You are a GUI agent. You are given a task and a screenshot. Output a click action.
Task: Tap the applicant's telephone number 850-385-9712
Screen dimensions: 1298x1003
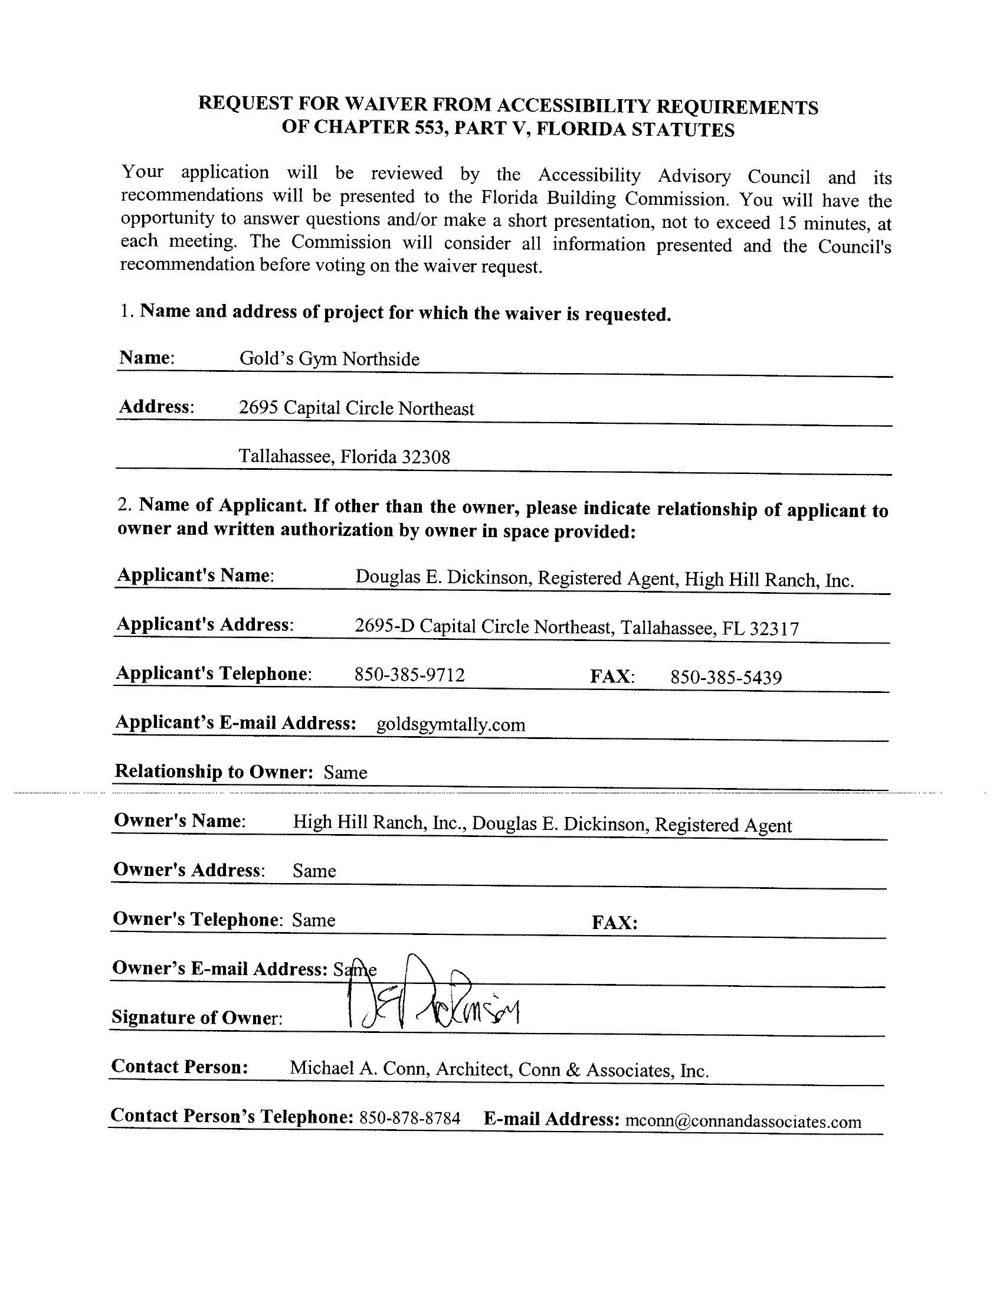pyautogui.click(x=409, y=675)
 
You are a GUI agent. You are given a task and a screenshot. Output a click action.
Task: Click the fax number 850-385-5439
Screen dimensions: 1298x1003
pyautogui.click(x=726, y=678)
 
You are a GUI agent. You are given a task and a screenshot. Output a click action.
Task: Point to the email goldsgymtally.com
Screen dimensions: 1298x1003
pyautogui.click(x=450, y=725)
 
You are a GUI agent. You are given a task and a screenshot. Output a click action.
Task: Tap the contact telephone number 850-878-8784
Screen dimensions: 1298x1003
pyautogui.click(x=409, y=1119)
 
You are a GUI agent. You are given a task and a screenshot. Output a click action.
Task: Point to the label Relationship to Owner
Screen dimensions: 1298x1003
pyautogui.click(x=214, y=771)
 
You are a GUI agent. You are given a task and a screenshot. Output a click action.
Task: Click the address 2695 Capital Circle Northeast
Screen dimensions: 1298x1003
pyautogui.click(x=356, y=408)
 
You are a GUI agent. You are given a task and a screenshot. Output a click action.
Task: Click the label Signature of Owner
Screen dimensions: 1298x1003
pyautogui.click(x=196, y=1018)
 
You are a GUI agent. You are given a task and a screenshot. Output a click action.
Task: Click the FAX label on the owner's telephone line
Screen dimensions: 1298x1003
pyautogui.click(x=614, y=923)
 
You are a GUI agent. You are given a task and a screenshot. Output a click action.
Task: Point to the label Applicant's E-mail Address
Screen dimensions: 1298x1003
pyautogui.click(x=235, y=722)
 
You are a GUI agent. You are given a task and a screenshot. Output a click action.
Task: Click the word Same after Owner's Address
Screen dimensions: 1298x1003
pyautogui.click(x=314, y=871)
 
